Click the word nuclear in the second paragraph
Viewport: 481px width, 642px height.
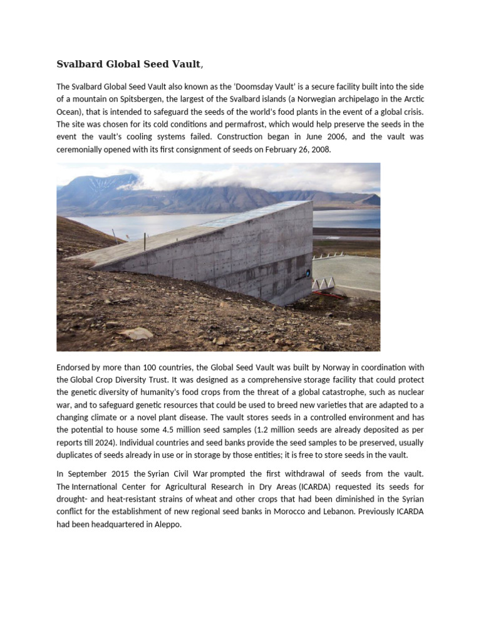click(x=410, y=392)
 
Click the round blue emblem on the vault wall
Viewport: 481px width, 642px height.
click(x=308, y=273)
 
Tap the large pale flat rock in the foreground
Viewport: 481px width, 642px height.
click(x=137, y=333)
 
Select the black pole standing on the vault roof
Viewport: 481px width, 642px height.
click(x=145, y=241)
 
